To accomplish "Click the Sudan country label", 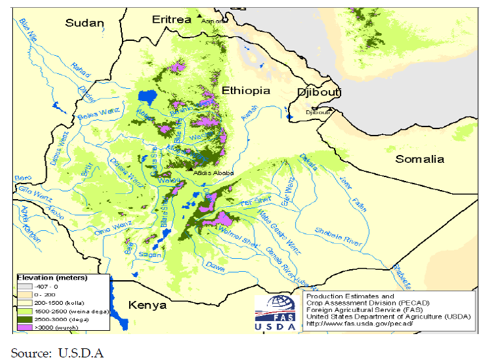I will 84,23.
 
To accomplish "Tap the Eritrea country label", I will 171,19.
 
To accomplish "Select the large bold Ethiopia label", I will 246,90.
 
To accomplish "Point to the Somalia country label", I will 420,159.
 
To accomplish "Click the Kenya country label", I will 147,305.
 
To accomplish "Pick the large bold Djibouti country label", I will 318,92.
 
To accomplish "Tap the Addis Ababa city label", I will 212,173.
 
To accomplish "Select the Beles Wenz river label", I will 99,115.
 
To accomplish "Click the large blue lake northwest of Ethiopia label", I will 149,98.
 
